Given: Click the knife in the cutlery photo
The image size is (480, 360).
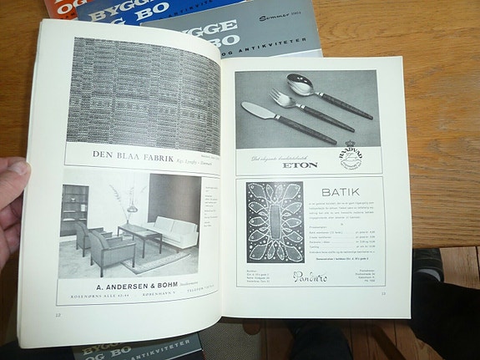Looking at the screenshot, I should (x=276, y=119).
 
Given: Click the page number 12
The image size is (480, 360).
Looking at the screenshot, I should (x=57, y=315).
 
